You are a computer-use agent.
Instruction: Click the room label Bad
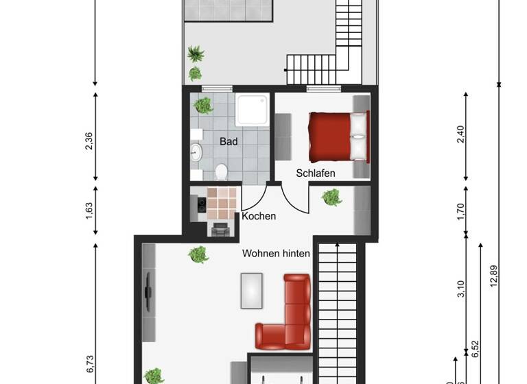229,142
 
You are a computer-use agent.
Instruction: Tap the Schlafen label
316,173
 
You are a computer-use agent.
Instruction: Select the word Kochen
259,216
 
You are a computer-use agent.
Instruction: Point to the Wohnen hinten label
276,253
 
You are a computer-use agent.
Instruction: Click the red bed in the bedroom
338,137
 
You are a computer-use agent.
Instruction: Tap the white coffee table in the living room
251,290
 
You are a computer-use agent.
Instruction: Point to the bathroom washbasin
196,152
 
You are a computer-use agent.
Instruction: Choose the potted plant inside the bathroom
203,105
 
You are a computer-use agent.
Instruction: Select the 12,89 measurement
493,277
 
